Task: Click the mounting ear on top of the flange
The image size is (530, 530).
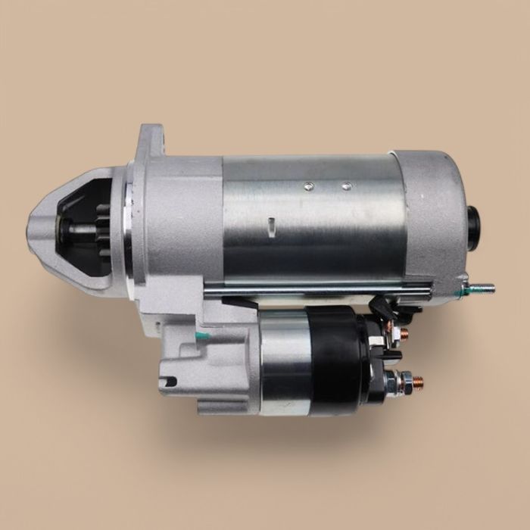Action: [151, 140]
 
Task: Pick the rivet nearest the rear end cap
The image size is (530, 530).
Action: [346, 185]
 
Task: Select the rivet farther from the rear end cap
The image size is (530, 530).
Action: [308, 185]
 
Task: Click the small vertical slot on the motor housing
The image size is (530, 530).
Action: [270, 226]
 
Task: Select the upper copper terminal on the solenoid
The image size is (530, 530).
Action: [402, 332]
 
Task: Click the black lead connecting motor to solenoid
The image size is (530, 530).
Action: [386, 307]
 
